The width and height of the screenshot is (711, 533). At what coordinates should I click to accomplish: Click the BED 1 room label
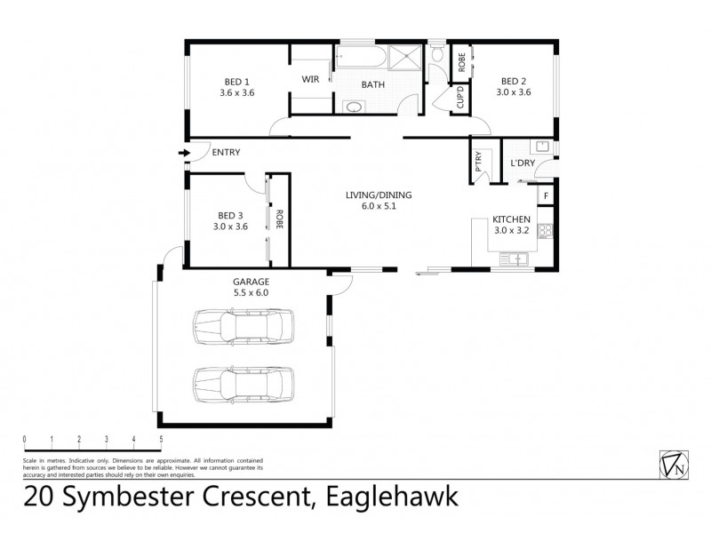[x=236, y=80]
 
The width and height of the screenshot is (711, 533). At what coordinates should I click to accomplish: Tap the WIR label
[x=310, y=79]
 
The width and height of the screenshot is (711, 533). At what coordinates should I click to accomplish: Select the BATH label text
[x=372, y=85]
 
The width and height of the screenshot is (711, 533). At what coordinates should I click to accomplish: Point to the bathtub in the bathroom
[x=361, y=59]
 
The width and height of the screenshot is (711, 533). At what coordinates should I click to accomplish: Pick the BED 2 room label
[x=514, y=80]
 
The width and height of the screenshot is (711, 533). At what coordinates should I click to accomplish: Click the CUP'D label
[x=460, y=96]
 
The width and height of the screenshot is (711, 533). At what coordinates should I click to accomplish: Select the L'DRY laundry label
[x=522, y=163]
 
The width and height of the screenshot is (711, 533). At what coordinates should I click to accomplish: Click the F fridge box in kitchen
[x=545, y=195]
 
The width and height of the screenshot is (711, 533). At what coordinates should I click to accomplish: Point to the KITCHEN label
[x=513, y=219]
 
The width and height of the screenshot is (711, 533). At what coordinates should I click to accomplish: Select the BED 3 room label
[x=231, y=215]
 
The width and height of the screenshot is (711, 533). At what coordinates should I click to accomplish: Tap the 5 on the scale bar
[x=161, y=440]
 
